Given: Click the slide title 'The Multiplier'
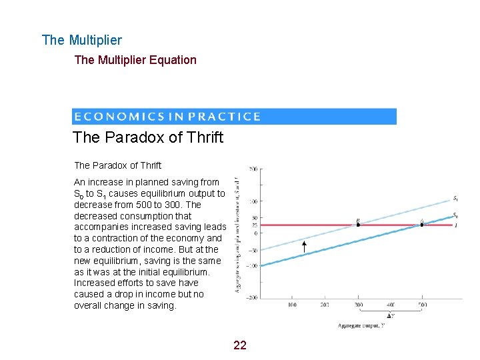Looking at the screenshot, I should pos(81,40).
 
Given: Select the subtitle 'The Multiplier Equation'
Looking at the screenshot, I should pos(135,60).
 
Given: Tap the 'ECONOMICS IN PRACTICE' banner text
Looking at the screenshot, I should pos(167,117).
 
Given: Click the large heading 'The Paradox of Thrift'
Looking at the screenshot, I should pos(148,138).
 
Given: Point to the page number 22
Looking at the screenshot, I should pos(240,345).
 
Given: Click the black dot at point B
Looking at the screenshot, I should pos(358,225).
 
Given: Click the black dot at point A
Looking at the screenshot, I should pos(422,225).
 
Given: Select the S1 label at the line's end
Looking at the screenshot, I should pos(455,199).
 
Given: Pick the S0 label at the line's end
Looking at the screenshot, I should pos(455,215).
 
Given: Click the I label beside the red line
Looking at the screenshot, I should pos(455,225).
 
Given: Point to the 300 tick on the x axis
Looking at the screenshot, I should pos(357,305).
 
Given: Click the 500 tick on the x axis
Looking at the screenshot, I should pos(422,305).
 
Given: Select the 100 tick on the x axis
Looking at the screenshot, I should pos(292,305).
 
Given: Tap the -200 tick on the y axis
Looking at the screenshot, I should pos(251,297).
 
